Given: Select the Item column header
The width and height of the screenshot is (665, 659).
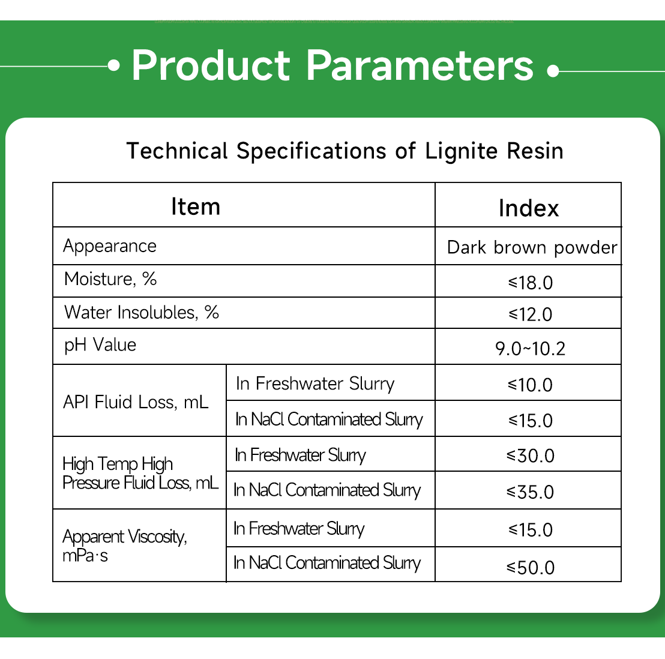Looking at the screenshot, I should click(196, 206).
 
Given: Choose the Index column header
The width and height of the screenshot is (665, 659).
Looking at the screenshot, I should click(528, 208).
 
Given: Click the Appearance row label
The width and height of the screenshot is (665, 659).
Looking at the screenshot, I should click(110, 246).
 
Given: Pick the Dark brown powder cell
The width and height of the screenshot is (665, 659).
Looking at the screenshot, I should click(532, 247).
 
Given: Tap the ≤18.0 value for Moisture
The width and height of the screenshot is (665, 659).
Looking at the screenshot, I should click(531, 282).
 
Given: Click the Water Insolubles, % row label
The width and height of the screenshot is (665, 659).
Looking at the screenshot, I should click(142, 312).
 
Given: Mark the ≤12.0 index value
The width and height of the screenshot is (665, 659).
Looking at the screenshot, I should click(531, 314).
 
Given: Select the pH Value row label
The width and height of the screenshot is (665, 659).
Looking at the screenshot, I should click(100, 345).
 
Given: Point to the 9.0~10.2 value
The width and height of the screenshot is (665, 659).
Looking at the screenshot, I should click(531, 348).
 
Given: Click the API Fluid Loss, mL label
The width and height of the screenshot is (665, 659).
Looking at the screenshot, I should click(136, 402).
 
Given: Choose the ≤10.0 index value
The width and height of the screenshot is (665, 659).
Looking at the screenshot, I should click(531, 385).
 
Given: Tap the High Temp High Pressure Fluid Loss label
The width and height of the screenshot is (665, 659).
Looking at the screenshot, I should click(140, 473).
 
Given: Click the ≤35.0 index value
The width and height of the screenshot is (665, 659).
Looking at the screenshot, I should click(531, 492).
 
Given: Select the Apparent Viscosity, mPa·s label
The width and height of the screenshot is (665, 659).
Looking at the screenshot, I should click(125, 545).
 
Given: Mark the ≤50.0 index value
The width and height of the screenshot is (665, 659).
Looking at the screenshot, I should click(531, 567).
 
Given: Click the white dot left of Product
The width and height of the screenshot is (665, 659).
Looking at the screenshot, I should click(114, 65).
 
